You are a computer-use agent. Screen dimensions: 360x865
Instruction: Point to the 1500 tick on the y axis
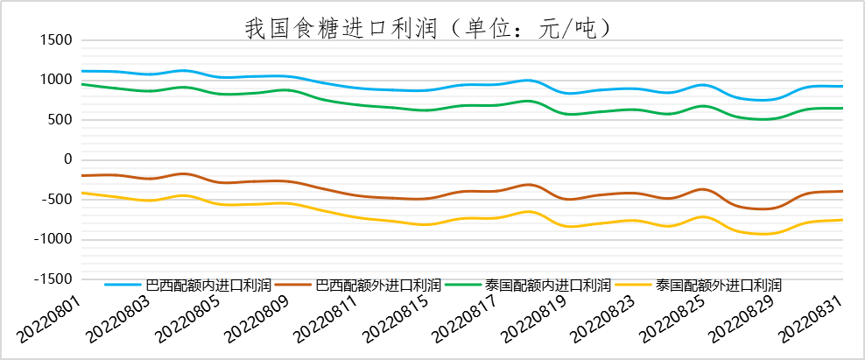(x=54, y=40)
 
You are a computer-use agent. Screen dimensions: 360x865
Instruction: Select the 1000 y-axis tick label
(x=54, y=80)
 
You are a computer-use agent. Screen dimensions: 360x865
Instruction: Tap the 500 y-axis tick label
(x=58, y=120)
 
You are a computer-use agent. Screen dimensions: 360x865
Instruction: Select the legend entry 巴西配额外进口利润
(x=378, y=285)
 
